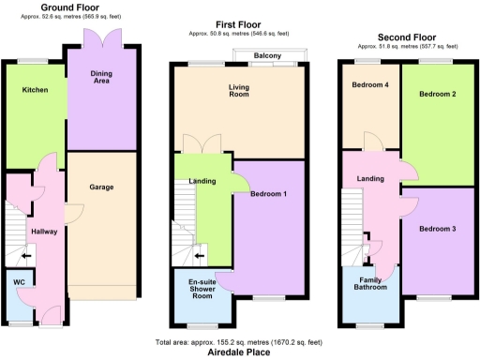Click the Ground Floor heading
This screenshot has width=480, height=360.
[70, 7]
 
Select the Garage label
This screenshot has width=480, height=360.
[101, 187]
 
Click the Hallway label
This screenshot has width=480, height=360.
[44, 231]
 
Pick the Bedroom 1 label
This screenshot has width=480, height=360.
[269, 194]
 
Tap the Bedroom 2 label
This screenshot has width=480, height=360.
[437, 95]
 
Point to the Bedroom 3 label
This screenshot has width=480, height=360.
[437, 230]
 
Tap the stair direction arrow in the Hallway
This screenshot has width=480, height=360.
[26, 255]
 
